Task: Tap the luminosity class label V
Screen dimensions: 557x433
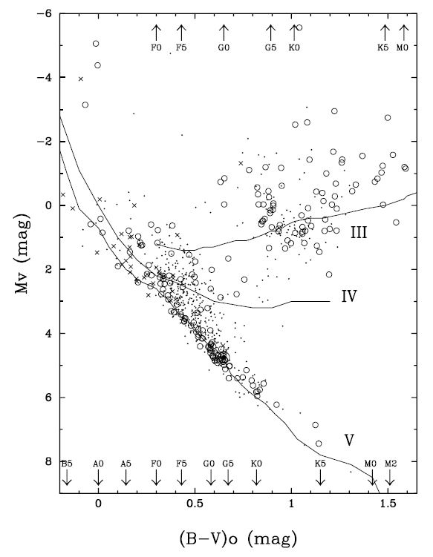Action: pos(348,440)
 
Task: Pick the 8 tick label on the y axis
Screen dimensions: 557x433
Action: pos(46,461)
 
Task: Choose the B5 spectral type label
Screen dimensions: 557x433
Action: pos(67,464)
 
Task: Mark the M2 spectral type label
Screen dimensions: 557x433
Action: pos(391,464)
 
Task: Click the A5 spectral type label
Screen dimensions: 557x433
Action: pos(126,464)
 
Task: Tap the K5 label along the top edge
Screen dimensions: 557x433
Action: pos(385,47)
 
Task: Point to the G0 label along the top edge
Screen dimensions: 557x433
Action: pos(223,47)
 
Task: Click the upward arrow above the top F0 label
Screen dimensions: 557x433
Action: pos(156,32)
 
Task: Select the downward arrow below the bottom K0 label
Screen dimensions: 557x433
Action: pos(256,478)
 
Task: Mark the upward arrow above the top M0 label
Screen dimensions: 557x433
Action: pos(403,32)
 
